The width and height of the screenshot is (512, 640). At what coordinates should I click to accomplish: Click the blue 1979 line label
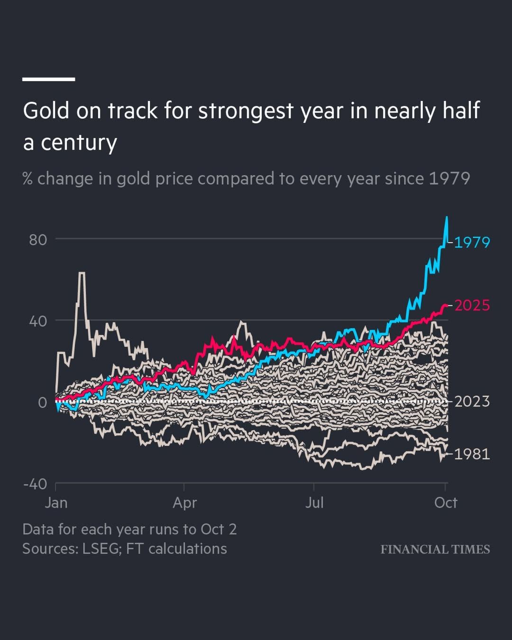[472, 242]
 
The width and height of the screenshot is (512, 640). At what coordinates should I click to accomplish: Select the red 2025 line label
[472, 305]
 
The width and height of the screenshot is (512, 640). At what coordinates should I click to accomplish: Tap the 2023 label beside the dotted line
[472, 402]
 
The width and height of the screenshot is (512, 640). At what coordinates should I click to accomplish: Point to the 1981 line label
[472, 454]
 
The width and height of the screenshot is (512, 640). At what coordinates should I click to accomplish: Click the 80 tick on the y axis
[38, 240]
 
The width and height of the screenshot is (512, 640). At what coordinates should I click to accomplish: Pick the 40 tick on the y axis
[38, 321]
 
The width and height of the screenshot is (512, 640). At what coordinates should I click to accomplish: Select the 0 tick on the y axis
[43, 403]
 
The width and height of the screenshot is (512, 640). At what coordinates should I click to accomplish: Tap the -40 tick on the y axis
[36, 484]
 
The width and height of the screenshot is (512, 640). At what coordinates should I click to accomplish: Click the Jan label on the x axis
[56, 503]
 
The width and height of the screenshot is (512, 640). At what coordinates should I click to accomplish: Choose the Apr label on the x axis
[184, 503]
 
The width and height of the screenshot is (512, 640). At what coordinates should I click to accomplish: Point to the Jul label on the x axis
[314, 503]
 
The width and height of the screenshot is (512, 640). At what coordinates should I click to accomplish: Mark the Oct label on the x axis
[446, 503]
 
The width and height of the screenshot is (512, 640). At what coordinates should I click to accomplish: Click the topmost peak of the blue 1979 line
[447, 218]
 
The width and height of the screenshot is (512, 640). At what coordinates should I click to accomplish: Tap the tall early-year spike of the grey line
[82, 273]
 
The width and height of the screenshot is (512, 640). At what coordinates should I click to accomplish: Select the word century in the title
[79, 143]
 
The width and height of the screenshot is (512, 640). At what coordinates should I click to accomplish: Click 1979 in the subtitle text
[449, 179]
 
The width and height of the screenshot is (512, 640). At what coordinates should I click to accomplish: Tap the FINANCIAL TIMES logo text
[435, 549]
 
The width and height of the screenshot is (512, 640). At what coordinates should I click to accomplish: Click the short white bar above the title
[48, 79]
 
